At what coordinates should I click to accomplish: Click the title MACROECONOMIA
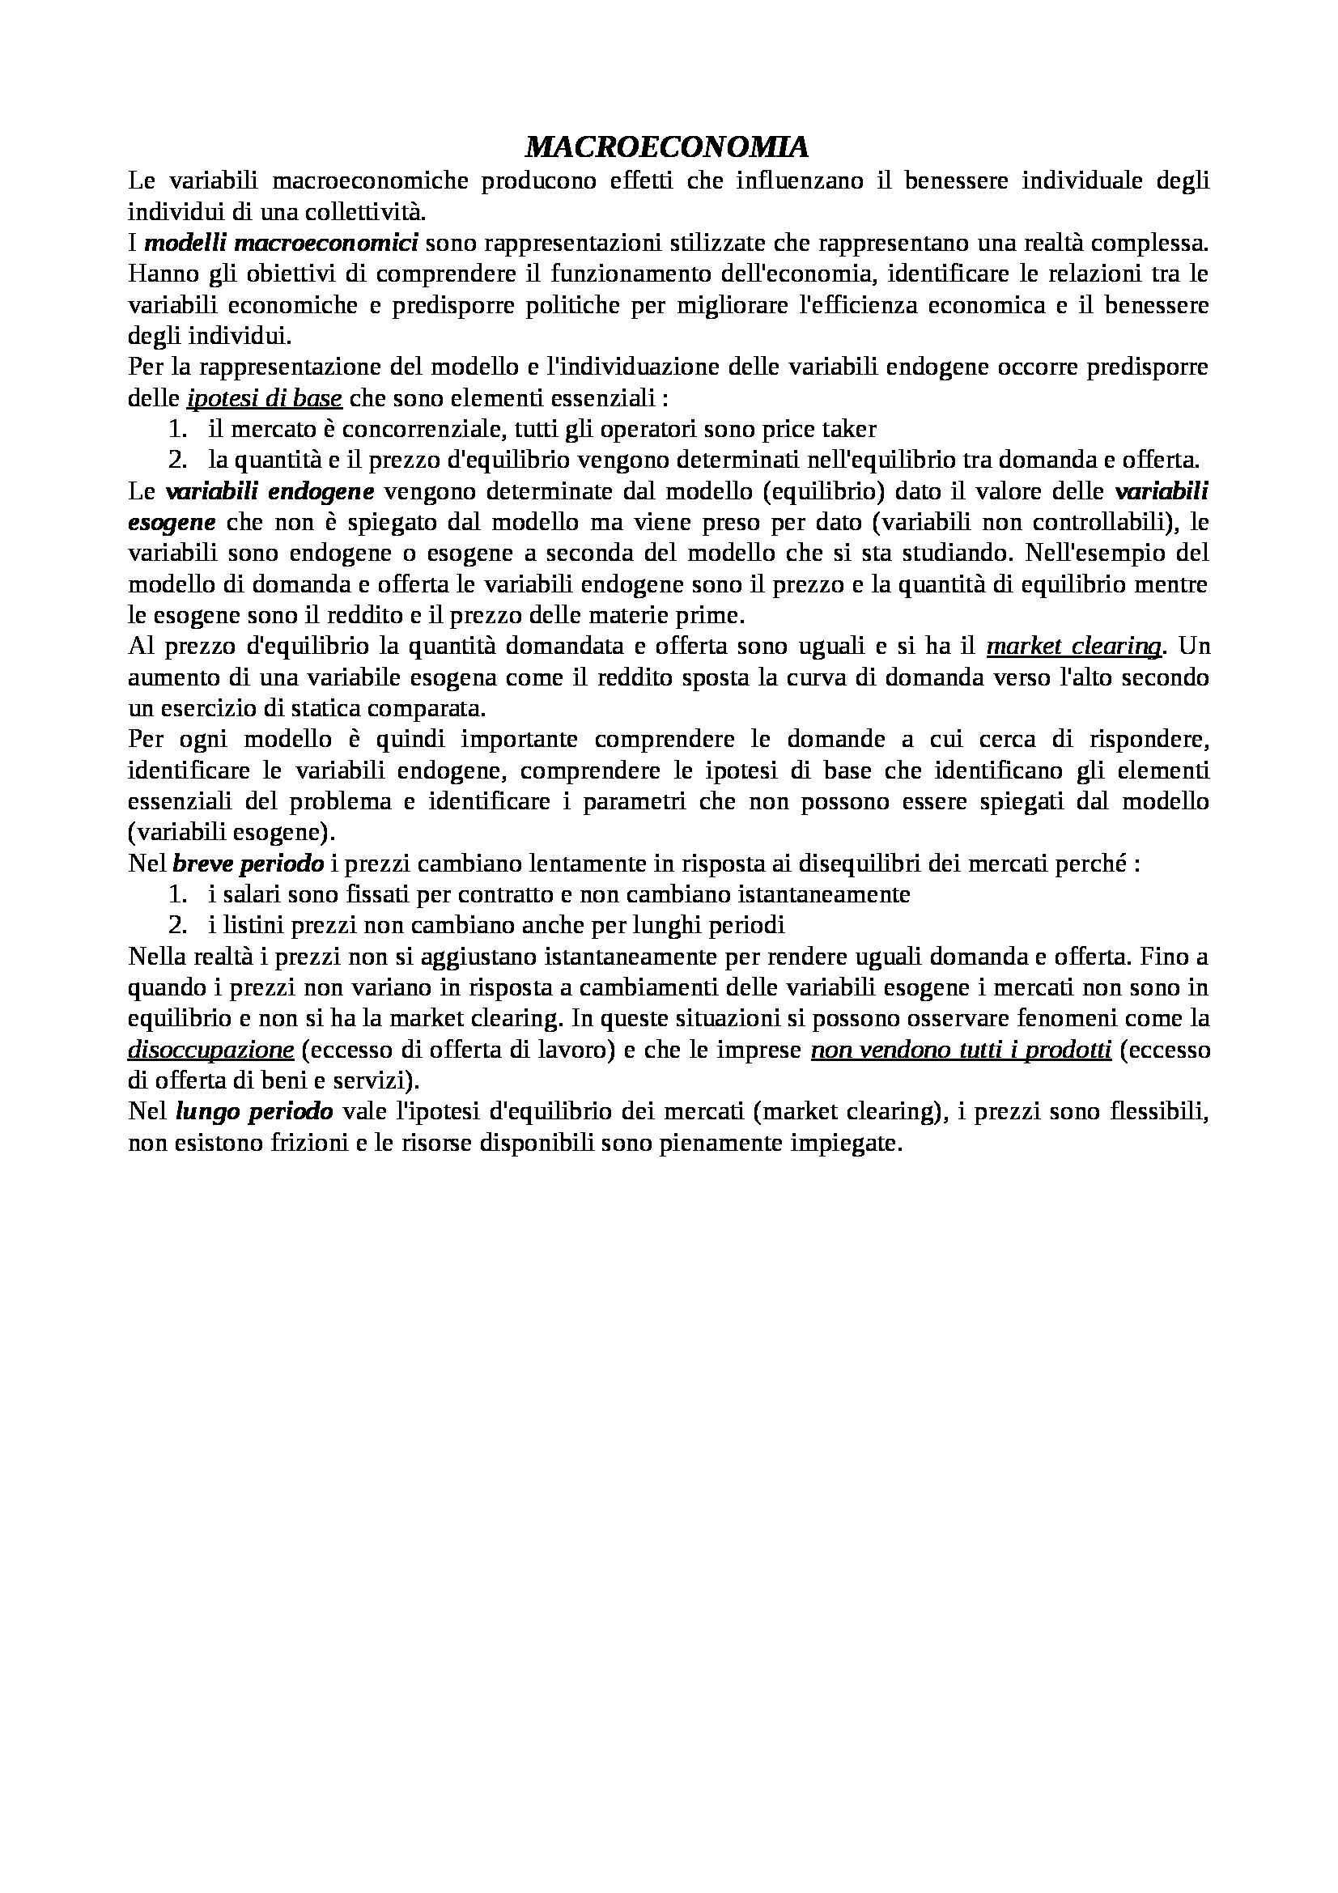(x=667, y=147)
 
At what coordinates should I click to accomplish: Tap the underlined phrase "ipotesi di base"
(x=264, y=398)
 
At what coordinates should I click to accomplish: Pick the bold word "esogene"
(x=172, y=522)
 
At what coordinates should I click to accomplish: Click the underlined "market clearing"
(x=1073, y=647)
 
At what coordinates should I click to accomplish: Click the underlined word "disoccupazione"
(x=211, y=1050)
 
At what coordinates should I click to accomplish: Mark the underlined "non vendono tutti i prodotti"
(x=962, y=1050)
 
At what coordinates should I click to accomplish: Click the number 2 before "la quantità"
(x=173, y=460)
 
